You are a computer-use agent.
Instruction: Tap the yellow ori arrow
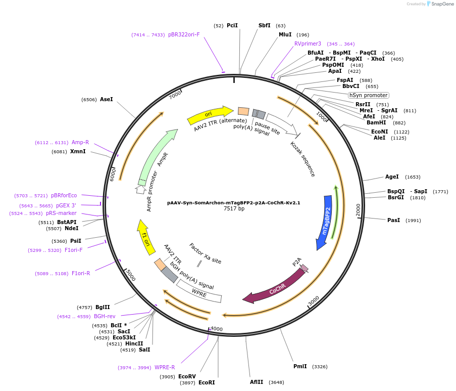(x=208, y=115)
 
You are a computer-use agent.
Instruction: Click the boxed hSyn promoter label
(x=369, y=95)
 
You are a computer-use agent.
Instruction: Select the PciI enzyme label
(x=232, y=25)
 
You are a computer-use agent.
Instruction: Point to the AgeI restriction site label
(x=392, y=177)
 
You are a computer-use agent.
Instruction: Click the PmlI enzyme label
(x=300, y=366)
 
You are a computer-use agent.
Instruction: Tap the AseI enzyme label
(x=107, y=100)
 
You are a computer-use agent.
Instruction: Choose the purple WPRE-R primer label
(x=165, y=367)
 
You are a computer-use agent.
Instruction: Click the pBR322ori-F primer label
(x=184, y=34)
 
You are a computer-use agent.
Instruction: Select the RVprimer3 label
(x=308, y=44)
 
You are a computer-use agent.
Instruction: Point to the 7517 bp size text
(x=234, y=208)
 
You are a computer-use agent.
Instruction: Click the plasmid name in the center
(x=234, y=202)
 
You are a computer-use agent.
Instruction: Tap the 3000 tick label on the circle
(x=314, y=301)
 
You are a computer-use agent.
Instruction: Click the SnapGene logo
(x=438, y=4)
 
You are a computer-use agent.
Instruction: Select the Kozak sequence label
(x=303, y=159)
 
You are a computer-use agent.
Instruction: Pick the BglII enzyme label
(x=103, y=307)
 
